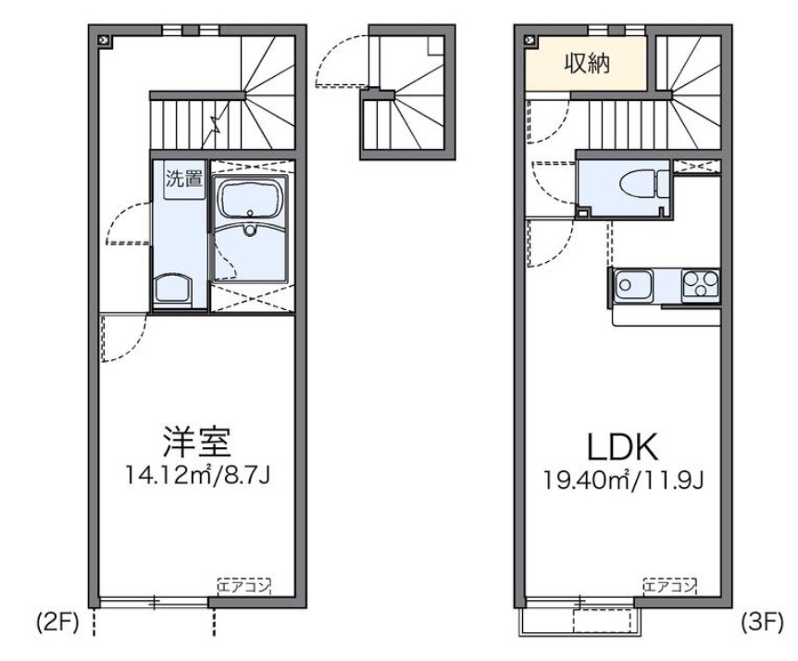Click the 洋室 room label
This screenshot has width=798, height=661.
(x=197, y=442)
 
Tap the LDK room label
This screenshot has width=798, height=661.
(x=623, y=446)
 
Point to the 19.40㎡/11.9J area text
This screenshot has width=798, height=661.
(x=623, y=480)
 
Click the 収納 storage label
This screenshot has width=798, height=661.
(x=587, y=63)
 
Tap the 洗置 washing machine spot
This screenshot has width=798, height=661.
(x=184, y=179)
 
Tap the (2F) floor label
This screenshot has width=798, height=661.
(x=57, y=622)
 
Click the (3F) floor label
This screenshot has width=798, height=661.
(x=762, y=622)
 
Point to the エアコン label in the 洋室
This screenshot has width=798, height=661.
(x=243, y=587)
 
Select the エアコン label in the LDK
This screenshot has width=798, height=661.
(x=669, y=587)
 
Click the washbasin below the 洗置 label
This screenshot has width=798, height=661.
(x=173, y=289)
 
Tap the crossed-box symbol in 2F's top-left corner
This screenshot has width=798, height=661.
(x=105, y=40)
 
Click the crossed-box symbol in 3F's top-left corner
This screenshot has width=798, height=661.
(x=530, y=40)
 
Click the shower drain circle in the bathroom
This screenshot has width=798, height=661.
(x=249, y=230)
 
